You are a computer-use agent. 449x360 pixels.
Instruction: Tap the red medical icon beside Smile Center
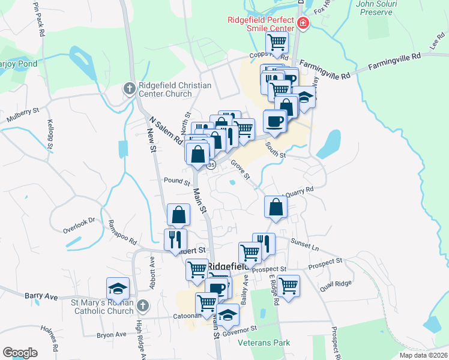303,25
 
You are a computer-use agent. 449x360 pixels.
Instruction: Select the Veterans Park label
264,343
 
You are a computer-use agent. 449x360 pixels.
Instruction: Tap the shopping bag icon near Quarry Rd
275,206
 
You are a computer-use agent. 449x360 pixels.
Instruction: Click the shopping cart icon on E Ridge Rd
288,284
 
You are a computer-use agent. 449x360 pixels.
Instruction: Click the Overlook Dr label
79,223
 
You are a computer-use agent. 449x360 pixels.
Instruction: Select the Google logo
20,352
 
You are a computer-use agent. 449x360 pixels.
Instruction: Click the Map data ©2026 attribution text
423,355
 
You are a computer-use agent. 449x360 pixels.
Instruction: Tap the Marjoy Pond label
18,64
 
